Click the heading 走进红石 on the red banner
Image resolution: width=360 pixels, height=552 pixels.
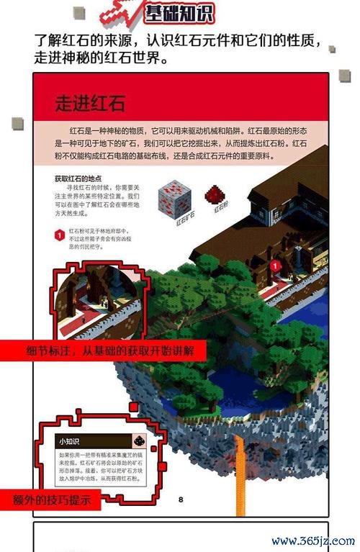[90, 103]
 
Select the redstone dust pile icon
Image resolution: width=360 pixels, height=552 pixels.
[212, 194]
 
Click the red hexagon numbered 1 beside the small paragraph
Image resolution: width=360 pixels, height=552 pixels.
[60, 235]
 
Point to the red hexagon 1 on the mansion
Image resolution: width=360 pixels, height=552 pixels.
[274, 266]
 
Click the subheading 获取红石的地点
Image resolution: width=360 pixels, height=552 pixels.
[78, 178]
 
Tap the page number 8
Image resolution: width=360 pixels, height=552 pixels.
[181, 499]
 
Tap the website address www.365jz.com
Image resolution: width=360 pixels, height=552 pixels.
[313, 540]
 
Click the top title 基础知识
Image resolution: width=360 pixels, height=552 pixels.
[179, 13]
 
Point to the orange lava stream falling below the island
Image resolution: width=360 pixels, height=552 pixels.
[240, 468]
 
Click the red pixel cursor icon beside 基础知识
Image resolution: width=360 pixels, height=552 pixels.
[120, 14]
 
